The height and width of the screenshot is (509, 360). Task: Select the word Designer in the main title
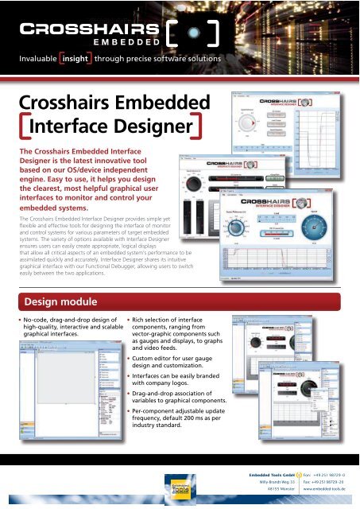coord(145,127)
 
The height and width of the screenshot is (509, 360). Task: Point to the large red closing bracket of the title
coord(205,127)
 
